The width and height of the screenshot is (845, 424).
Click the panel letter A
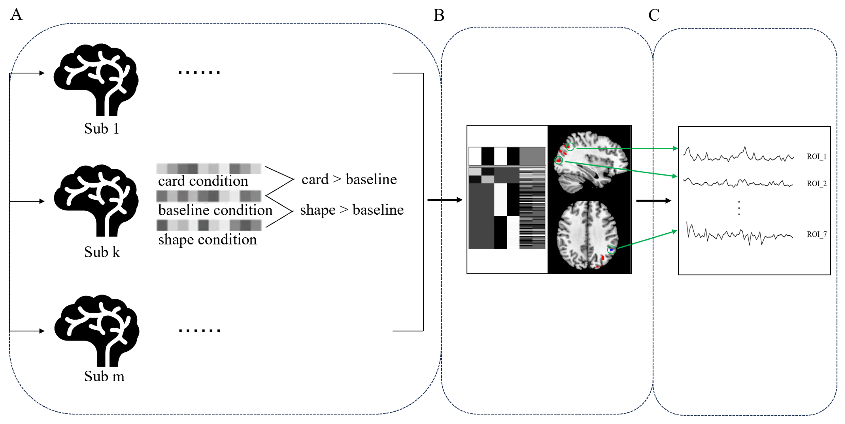point(16,14)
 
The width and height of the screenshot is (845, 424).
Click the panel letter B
point(439,15)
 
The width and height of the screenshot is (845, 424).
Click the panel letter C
point(654,15)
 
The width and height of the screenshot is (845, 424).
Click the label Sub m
point(104,376)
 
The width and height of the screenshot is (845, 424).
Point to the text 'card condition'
point(203,181)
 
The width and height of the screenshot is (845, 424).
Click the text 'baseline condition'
point(215,210)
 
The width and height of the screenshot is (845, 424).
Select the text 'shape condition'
point(207,240)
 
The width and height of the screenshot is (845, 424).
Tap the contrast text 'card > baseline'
point(349,179)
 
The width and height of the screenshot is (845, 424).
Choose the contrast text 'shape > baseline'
point(352,210)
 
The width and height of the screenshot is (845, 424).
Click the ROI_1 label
point(816,157)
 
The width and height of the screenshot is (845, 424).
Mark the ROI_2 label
point(816,183)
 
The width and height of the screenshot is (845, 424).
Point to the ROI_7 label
point(816,234)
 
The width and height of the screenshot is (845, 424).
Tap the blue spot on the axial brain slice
point(612,250)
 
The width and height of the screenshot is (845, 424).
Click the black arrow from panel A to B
point(444,200)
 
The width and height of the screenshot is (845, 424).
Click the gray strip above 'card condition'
point(209,169)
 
